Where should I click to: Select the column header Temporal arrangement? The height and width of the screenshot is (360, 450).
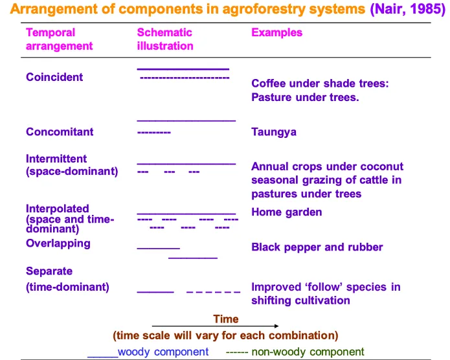[x=59, y=39]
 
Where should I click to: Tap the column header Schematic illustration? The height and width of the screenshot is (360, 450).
[x=165, y=39]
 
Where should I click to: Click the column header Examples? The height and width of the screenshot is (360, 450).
[x=276, y=32]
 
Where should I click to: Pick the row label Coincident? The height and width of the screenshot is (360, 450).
[x=54, y=77]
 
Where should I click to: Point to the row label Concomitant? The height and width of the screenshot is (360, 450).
[x=60, y=131]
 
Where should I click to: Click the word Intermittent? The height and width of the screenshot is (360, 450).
[x=56, y=159]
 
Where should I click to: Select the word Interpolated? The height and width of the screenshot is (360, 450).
[x=58, y=208]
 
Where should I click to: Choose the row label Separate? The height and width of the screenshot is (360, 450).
[x=49, y=271]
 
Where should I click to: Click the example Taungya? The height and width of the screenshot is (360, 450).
[x=274, y=131]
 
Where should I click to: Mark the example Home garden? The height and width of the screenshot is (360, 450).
[x=287, y=212]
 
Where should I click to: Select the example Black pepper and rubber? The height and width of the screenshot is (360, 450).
[x=317, y=247]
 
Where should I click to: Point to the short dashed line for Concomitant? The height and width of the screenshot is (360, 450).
[x=154, y=132]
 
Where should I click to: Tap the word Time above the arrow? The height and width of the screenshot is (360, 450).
[x=226, y=319]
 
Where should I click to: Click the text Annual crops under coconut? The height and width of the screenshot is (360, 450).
[x=327, y=166]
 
